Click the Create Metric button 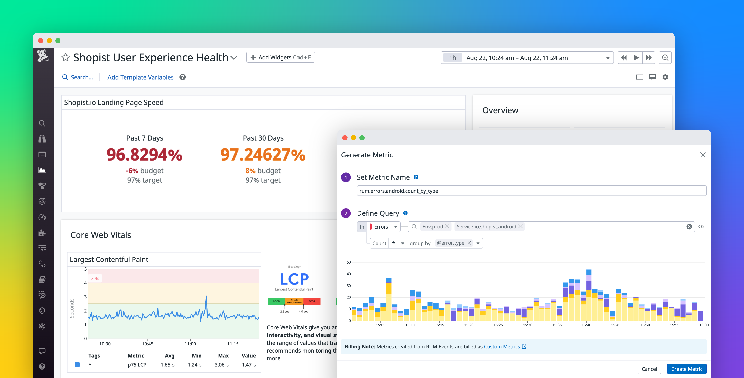(686, 369)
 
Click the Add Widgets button (280, 57)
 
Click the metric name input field (531, 191)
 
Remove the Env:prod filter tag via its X (447, 226)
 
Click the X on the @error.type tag (469, 243)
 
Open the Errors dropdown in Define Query (384, 227)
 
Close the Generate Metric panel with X (703, 155)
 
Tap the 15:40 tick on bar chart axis (586, 325)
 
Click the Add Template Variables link (140, 77)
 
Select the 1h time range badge (452, 58)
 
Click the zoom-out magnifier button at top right (665, 58)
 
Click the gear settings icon (665, 77)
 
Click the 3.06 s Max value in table (221, 365)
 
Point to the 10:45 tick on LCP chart (148, 344)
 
